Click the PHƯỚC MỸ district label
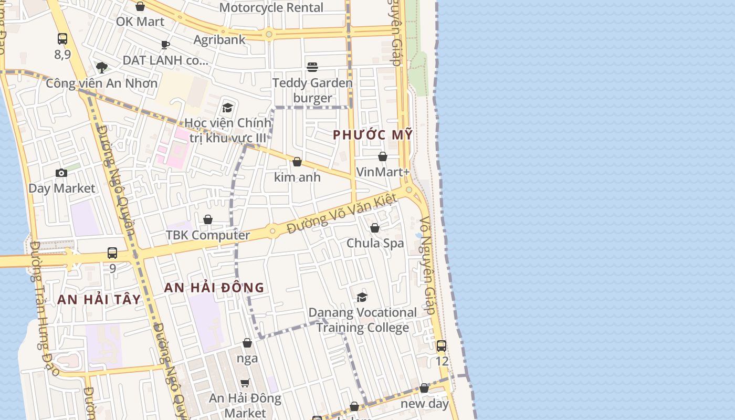(373, 135)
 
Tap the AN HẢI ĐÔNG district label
(214, 288)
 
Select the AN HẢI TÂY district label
(99, 300)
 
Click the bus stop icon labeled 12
(442, 346)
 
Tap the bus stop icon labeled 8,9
(62, 39)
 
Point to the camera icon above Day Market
(61, 173)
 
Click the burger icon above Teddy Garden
(312, 67)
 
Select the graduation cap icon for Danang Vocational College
(362, 297)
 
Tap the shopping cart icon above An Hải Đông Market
(245, 383)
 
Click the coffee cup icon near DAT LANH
(165, 45)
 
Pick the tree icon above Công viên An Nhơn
(102, 67)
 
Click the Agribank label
(219, 39)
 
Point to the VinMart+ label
(383, 172)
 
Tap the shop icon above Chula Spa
(375, 228)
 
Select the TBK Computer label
(208, 235)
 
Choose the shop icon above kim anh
(297, 162)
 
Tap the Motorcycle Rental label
(271, 7)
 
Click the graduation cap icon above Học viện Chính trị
(227, 108)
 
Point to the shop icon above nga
(247, 343)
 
